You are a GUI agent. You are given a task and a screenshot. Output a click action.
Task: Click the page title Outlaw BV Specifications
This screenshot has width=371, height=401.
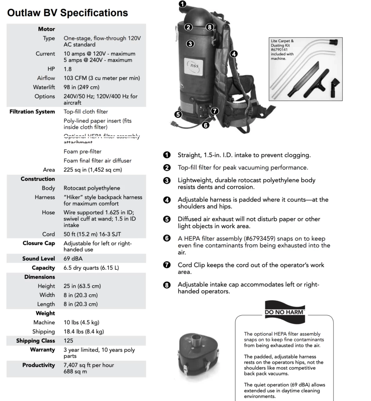pyautogui.click(x=67, y=13)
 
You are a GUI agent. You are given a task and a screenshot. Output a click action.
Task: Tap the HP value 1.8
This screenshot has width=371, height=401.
pyautogui.click(x=68, y=69)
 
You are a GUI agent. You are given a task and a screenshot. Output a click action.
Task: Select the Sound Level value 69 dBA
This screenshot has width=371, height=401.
pyautogui.click(x=73, y=259)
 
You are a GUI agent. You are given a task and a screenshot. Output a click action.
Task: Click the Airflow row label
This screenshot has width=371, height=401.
pyautogui.click(x=46, y=78)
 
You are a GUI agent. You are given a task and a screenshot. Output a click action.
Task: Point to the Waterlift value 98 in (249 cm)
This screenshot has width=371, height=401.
pyautogui.click(x=81, y=87)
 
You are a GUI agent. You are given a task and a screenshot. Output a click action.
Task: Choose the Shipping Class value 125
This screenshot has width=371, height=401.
pyautogui.click(x=68, y=341)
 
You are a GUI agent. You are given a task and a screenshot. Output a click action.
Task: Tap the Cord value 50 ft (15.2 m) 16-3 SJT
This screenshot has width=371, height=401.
pyautogui.click(x=92, y=234)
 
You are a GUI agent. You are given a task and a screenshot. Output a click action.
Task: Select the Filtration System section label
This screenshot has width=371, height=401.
pyautogui.click(x=32, y=112)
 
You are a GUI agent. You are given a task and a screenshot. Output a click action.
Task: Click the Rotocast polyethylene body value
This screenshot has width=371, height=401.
pyautogui.click(x=92, y=188)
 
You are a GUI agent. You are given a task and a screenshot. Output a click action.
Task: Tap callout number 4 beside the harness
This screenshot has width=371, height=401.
pyautogui.click(x=233, y=54)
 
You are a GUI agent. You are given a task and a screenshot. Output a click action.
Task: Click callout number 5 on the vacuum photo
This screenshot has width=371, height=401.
pyautogui.click(x=178, y=114)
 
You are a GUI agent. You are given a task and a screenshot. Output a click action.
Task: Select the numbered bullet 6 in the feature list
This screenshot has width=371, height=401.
pyautogui.click(x=167, y=238)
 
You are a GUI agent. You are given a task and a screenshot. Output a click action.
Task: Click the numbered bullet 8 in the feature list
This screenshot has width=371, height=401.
pyautogui.click(x=167, y=285)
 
